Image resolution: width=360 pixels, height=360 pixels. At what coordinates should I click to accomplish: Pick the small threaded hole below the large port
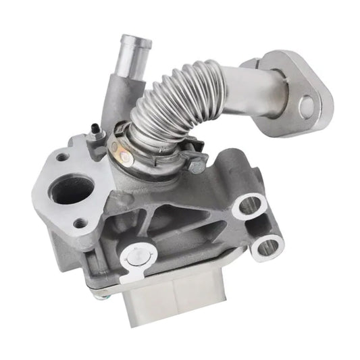(80, 222)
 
